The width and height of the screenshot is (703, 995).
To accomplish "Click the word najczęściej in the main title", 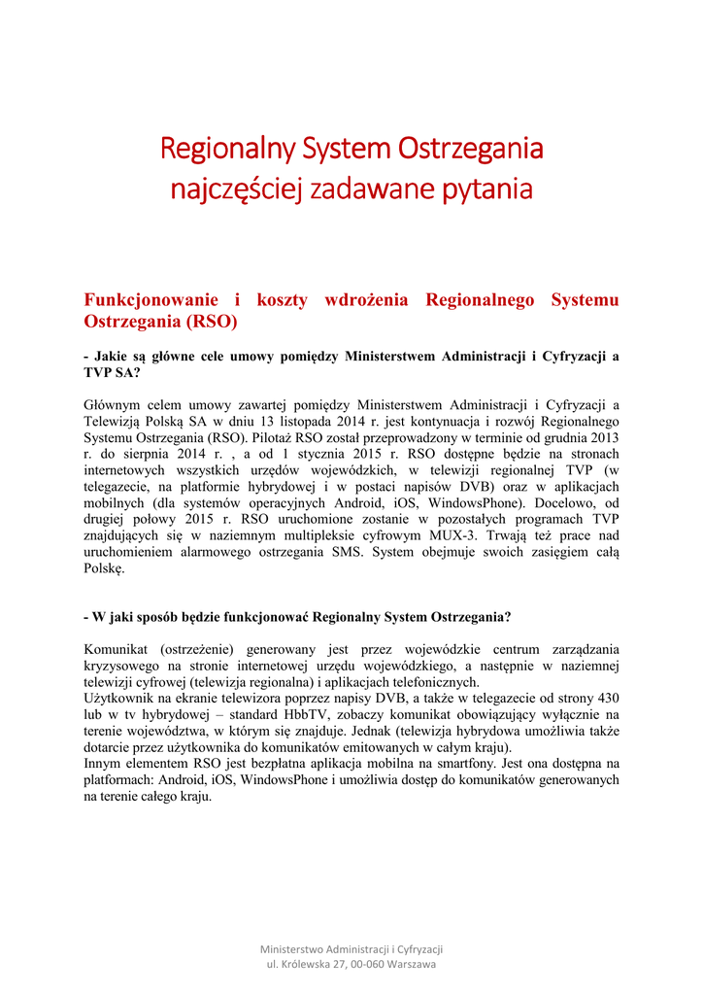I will [x=237, y=189].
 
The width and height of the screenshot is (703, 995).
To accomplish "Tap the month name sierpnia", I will [x=156, y=454].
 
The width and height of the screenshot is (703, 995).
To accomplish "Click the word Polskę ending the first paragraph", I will [x=105, y=569].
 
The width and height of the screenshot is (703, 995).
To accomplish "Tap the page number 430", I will [x=606, y=699].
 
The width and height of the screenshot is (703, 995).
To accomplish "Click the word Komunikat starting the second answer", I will [x=117, y=649].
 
